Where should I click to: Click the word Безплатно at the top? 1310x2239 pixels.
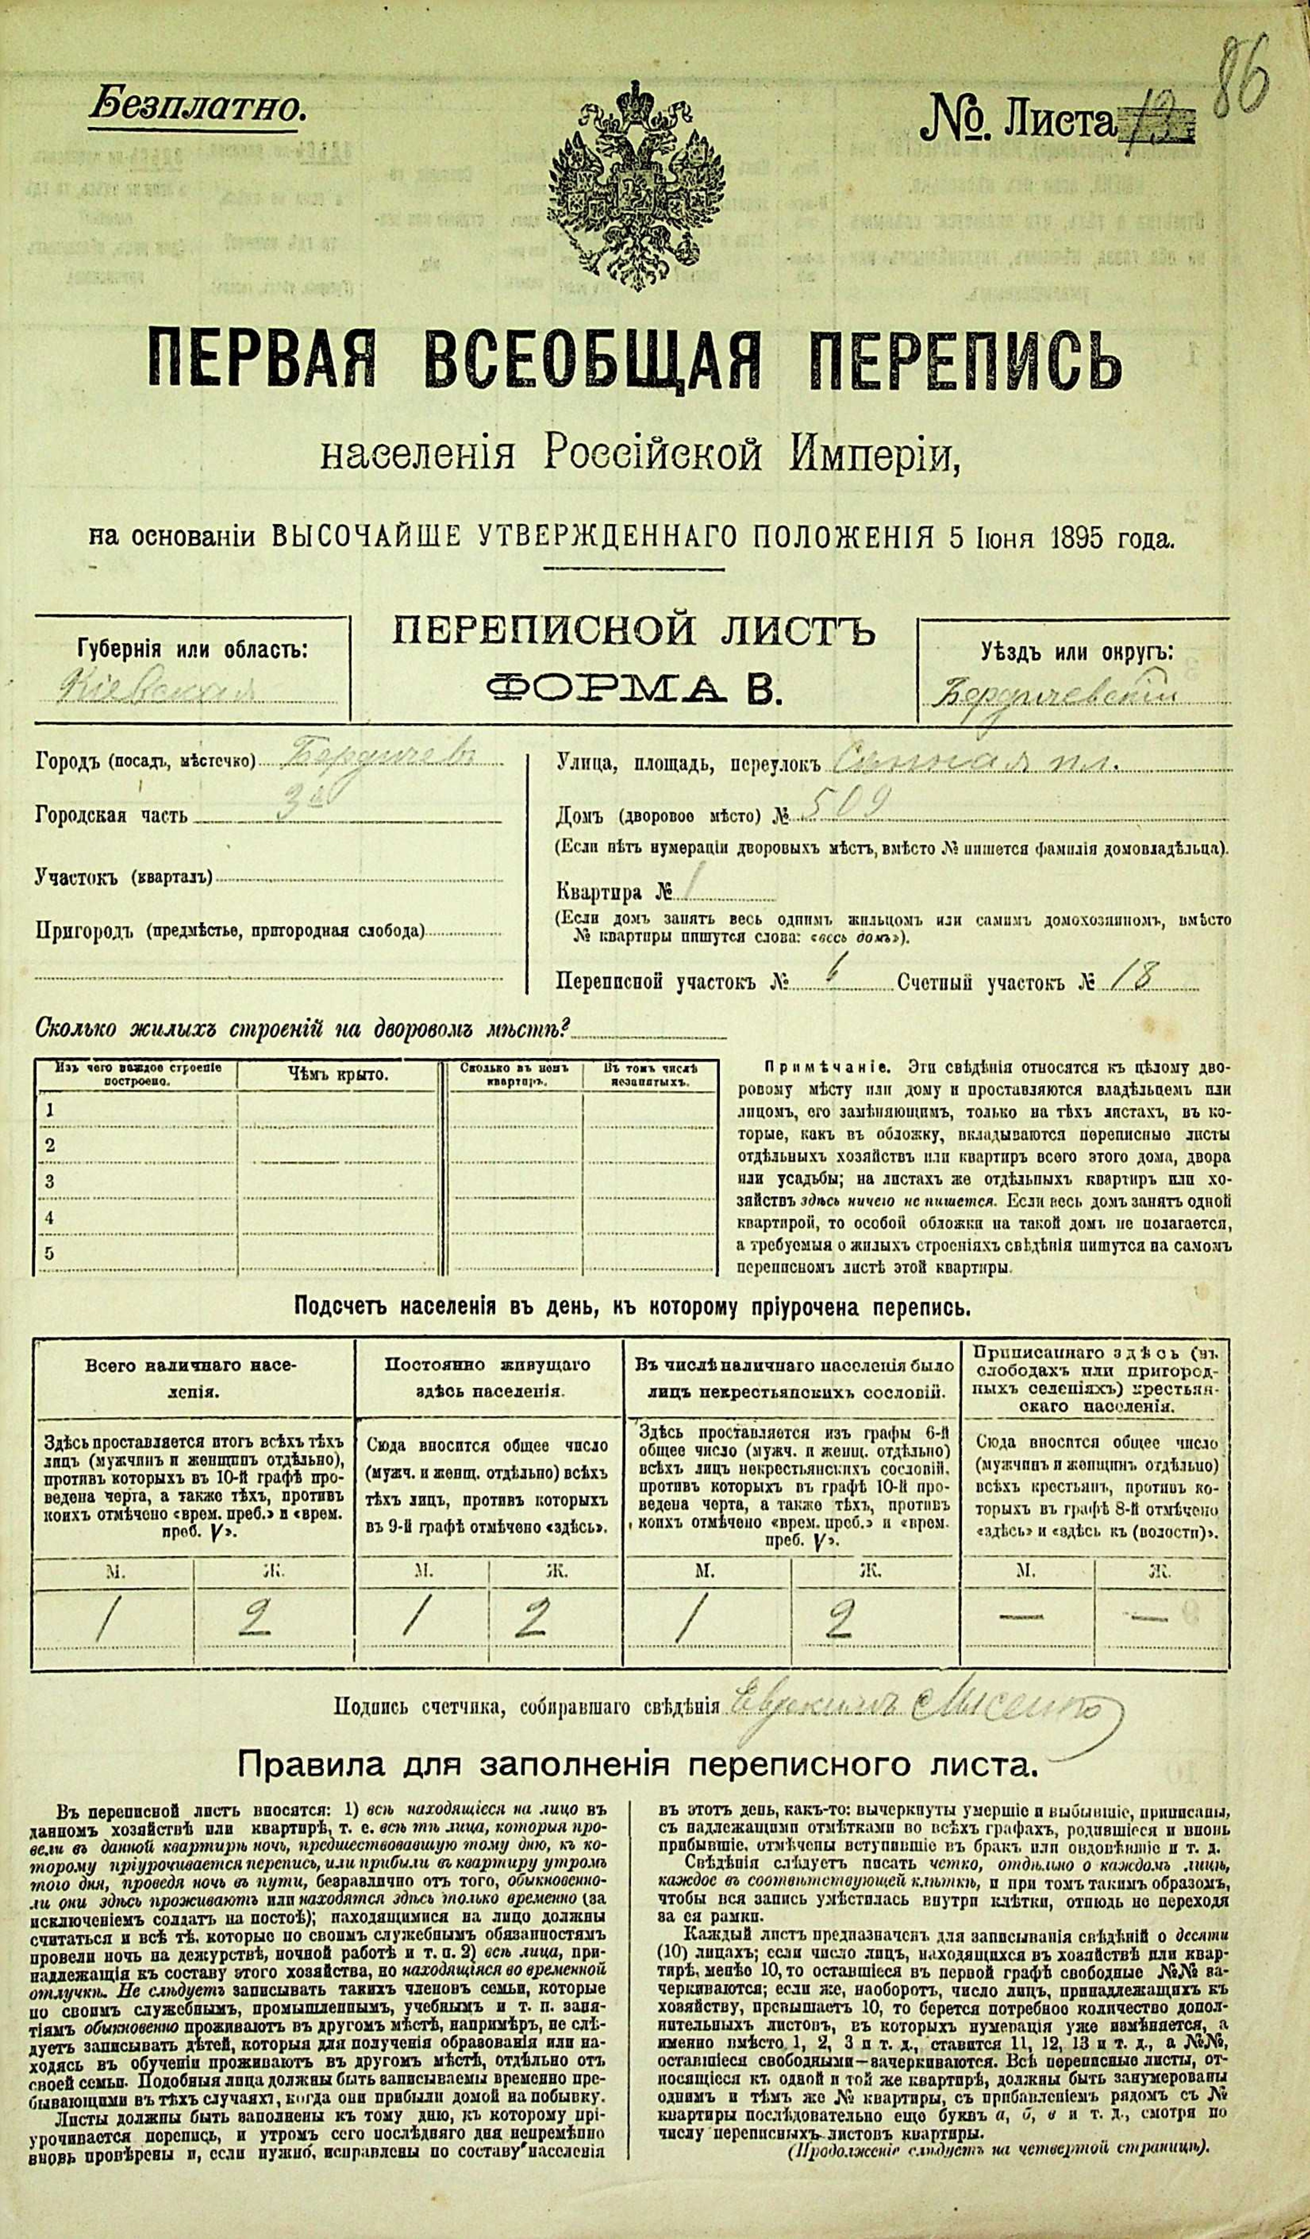[196, 108]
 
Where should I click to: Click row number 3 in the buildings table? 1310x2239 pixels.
[51, 1181]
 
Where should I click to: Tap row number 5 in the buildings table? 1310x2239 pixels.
[51, 1253]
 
